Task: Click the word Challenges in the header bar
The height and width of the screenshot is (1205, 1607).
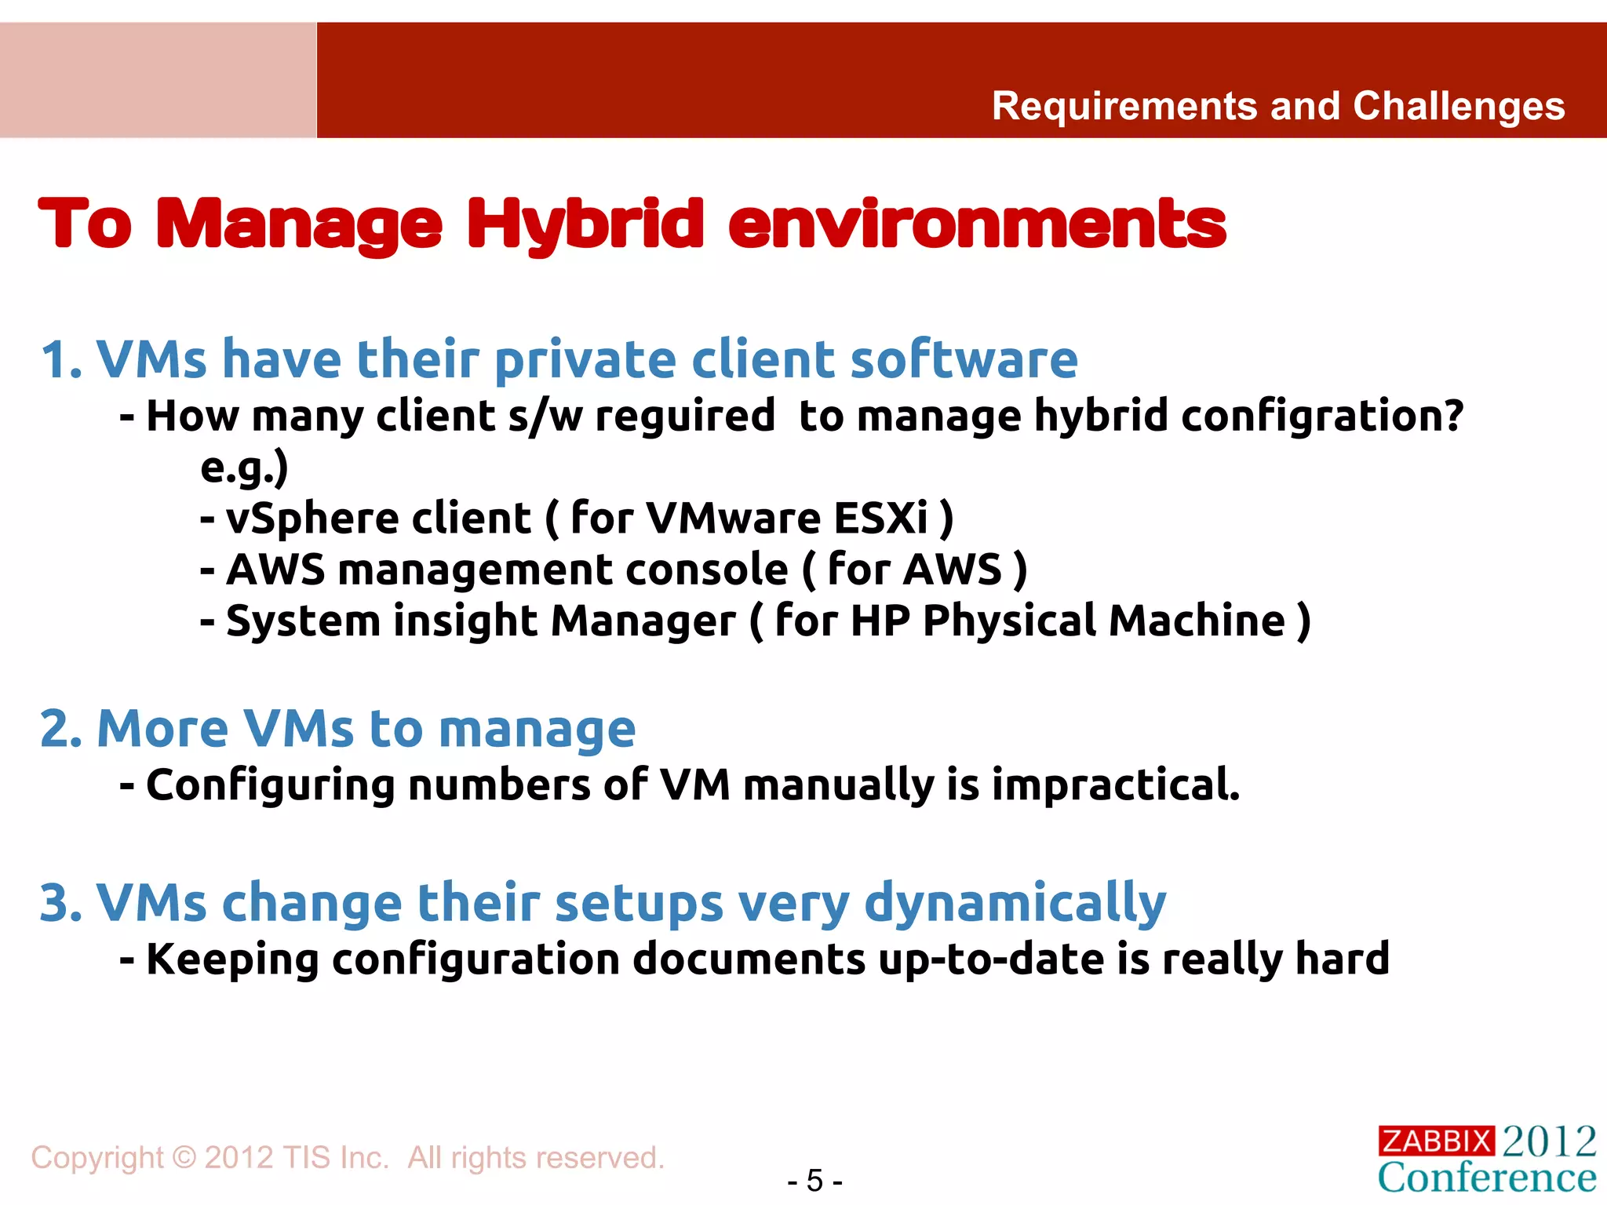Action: pyautogui.click(x=1459, y=107)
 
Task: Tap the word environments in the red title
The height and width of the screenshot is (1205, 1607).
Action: pyautogui.click(x=976, y=225)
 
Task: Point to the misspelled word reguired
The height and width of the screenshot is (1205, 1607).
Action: pyautogui.click(x=685, y=416)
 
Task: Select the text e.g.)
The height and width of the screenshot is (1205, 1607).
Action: pyautogui.click(x=244, y=468)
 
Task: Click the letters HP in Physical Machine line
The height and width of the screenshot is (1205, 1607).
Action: pyautogui.click(x=880, y=621)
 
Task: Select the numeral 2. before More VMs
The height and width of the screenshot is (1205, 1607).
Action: pyautogui.click(x=61, y=730)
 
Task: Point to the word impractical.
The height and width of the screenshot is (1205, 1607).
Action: pyautogui.click(x=1116, y=785)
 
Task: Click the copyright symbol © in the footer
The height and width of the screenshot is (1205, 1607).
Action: pyautogui.click(x=184, y=1158)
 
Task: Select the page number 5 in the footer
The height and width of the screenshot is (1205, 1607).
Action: pyautogui.click(x=814, y=1181)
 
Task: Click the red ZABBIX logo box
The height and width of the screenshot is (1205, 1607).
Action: pyautogui.click(x=1436, y=1141)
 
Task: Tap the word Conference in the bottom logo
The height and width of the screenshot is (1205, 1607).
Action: pyautogui.click(x=1487, y=1178)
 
